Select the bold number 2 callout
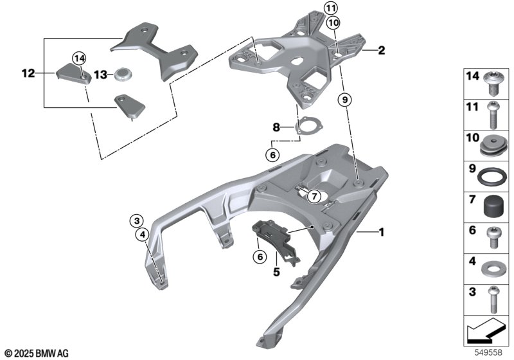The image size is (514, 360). [381, 50]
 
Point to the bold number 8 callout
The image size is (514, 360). [276, 129]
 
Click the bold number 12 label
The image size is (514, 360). [28, 73]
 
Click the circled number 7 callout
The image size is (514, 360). [314, 196]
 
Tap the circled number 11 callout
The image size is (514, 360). [330, 8]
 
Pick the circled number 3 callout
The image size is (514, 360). [137, 221]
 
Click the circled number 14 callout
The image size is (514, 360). [78, 59]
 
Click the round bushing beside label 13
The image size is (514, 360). [123, 75]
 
